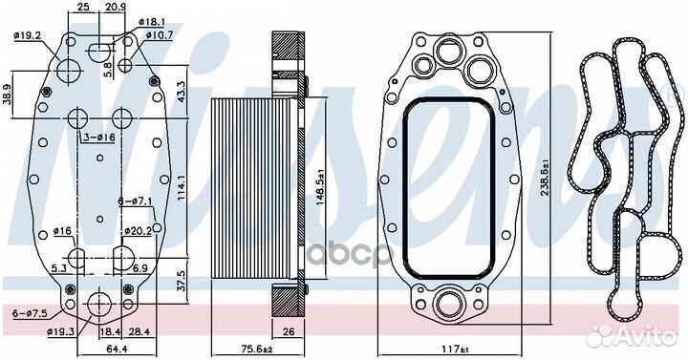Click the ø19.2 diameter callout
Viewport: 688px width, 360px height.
27,37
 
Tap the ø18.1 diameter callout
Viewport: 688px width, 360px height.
152,20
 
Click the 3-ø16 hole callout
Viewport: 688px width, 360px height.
98,138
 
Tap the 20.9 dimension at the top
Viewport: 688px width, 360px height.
115,8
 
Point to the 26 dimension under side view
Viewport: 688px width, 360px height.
290,332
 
